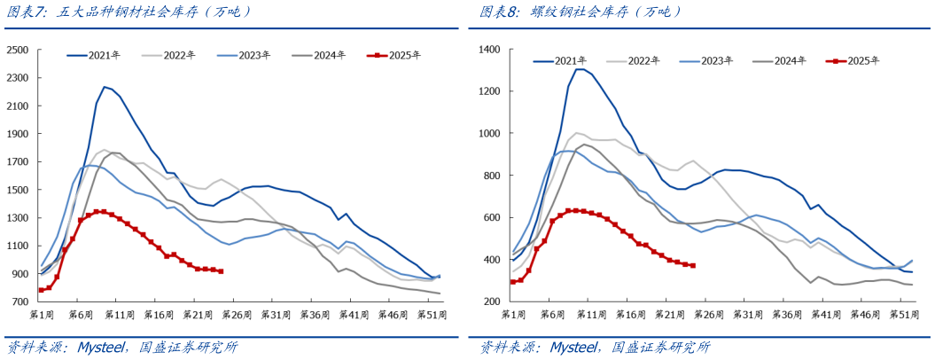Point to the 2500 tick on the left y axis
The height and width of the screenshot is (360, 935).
click(x=18, y=50)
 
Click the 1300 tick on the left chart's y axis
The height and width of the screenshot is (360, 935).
click(x=18, y=218)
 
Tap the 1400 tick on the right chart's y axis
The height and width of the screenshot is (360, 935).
click(x=490, y=50)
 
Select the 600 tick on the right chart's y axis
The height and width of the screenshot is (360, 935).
click(x=493, y=218)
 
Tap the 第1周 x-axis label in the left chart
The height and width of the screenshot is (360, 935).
click(x=42, y=315)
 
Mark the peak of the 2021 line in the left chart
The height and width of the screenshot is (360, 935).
click(x=105, y=87)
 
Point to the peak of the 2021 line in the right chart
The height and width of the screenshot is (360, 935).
click(x=578, y=69)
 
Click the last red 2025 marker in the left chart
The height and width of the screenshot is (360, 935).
click(x=221, y=271)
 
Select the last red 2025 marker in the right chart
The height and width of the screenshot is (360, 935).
click(x=692, y=265)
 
